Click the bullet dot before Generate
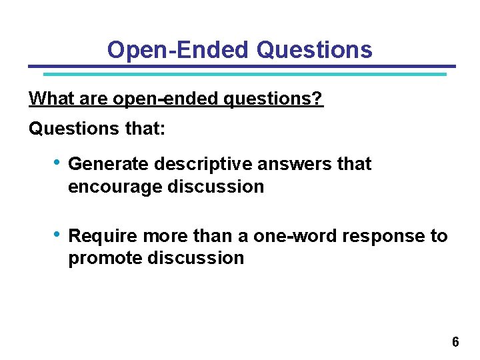(x=59, y=163)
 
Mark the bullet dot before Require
(x=59, y=235)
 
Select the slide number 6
(x=455, y=342)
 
